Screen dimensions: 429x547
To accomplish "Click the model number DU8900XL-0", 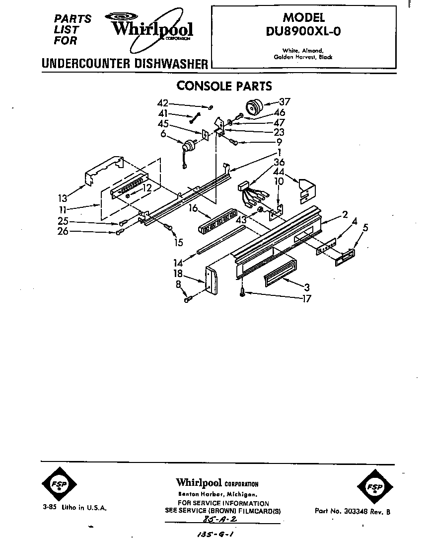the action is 303,31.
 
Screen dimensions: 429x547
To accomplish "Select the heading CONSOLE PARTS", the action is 224,86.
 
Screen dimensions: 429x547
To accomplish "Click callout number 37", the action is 285,101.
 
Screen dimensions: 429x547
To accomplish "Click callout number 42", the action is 163,103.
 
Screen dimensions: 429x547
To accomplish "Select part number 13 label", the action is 63,198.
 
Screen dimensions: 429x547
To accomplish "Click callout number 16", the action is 194,208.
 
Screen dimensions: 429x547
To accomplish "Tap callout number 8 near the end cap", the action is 178,284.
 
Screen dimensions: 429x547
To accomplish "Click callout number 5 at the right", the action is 365,227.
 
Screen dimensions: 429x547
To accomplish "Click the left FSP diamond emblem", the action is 59,484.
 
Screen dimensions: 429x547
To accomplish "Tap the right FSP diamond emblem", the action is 375,487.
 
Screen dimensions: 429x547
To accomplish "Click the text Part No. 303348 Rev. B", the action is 353,511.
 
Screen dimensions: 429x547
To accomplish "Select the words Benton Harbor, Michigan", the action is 218,494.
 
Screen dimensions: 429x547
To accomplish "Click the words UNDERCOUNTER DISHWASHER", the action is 125,64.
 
